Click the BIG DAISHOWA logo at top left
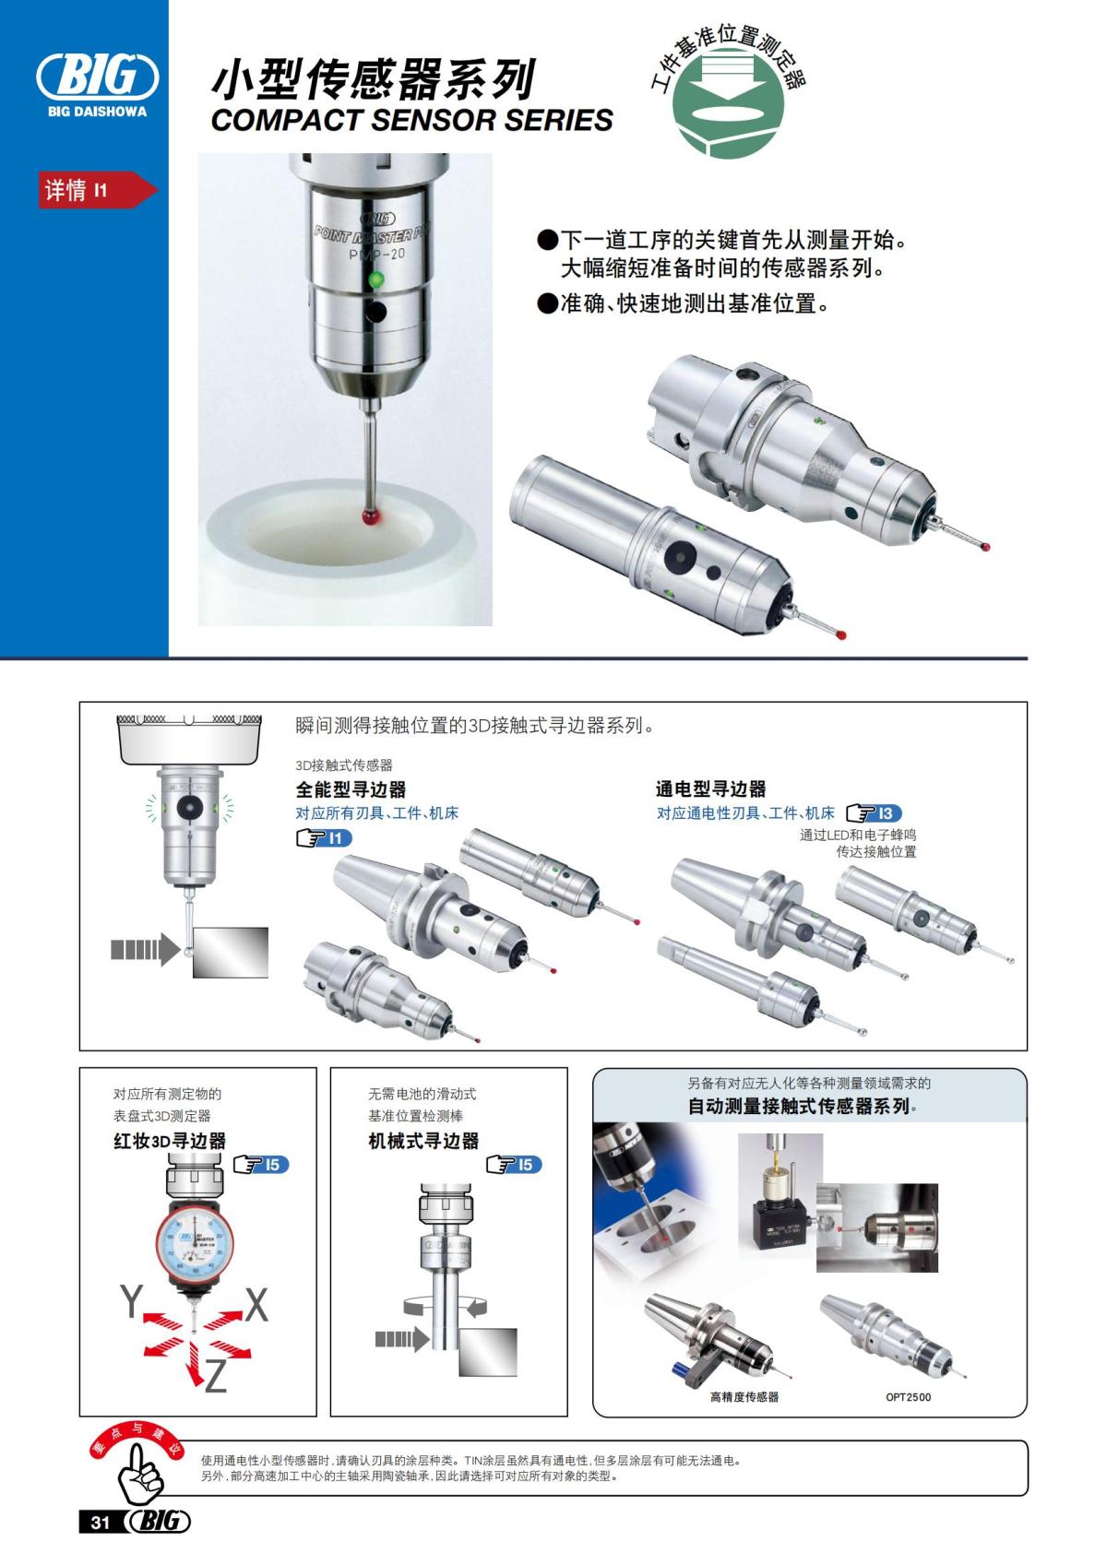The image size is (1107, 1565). coord(96,82)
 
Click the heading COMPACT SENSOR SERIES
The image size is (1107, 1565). coord(411,121)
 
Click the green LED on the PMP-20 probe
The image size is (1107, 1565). coord(375,279)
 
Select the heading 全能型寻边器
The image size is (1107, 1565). coord(351,789)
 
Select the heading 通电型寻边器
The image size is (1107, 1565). coord(711,789)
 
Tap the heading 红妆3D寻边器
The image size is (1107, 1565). coord(170,1142)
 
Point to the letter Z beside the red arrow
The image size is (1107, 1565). coord(215,1377)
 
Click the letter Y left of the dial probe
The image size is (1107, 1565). coord(131,1301)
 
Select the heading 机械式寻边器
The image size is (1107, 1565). coord(424,1142)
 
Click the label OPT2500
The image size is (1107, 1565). coord(908,1397)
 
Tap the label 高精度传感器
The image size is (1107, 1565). coord(744,1397)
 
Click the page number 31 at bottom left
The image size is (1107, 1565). coord(100,1522)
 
